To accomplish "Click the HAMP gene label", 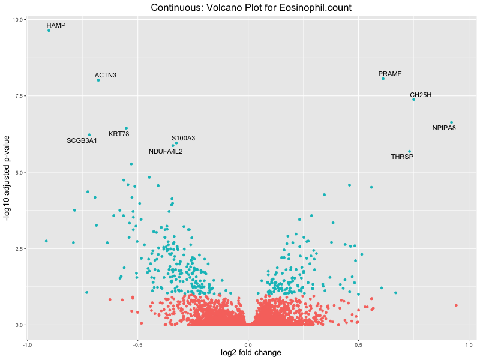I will click(56, 26).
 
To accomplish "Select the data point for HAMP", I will click(49, 30).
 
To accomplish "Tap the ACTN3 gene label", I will click(106, 75).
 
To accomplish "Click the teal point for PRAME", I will click(383, 79).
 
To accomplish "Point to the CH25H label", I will click(421, 95).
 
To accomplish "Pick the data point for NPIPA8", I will click(452, 122).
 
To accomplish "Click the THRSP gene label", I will click(402, 157).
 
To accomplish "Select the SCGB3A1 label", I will click(82, 140).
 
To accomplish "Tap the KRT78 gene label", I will click(119, 134).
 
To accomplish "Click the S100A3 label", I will click(183, 138).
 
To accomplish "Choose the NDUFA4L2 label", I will click(166, 151).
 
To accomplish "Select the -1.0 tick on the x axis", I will click(27, 345).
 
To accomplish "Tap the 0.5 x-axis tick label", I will click(359, 345).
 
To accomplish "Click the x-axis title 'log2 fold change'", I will click(248, 353).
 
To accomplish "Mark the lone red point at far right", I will click(456, 305).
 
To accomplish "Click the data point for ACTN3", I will click(98, 80).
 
